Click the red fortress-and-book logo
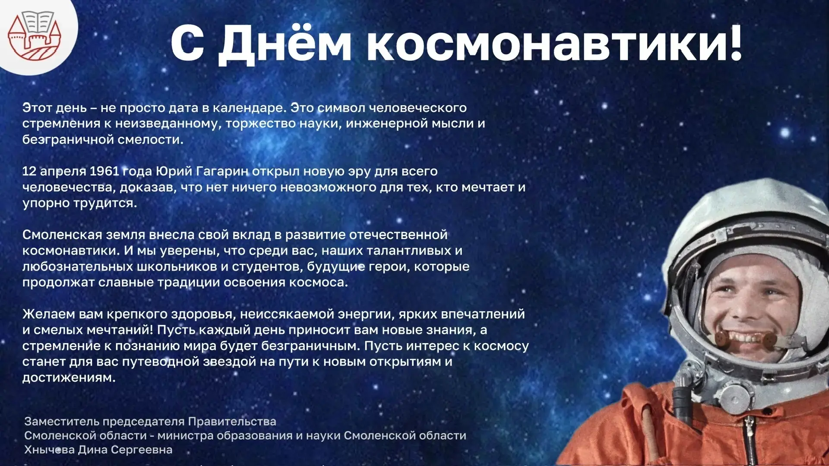tap(35, 35)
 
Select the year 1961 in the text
tap(104, 171)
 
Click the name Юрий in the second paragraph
tap(174, 172)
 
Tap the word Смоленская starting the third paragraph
tap(62, 235)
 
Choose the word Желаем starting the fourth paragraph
tap(49, 314)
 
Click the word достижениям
tap(69, 378)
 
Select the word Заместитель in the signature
tap(61, 421)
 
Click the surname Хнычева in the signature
tap(49, 450)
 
